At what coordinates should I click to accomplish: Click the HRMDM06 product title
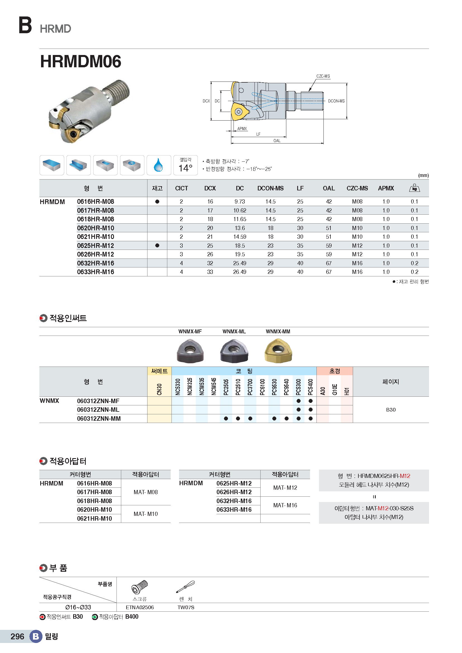pyautogui.click(x=80, y=61)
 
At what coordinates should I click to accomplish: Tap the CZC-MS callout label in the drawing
pyautogui.click(x=323, y=76)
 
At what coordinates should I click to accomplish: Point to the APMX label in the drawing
pyautogui.click(x=242, y=128)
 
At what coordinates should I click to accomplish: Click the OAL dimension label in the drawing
pyautogui.click(x=277, y=141)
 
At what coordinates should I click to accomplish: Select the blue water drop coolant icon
pyautogui.click(x=158, y=165)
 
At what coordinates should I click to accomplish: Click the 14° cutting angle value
pyautogui.click(x=185, y=168)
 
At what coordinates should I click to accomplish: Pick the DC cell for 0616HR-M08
pyautogui.click(x=240, y=202)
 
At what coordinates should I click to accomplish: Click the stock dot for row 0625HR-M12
pyautogui.click(x=157, y=245)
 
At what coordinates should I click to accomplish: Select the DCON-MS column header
pyautogui.click(x=270, y=188)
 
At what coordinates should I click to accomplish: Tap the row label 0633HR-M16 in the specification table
pyautogui.click(x=96, y=272)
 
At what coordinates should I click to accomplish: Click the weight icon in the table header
pyautogui.click(x=414, y=188)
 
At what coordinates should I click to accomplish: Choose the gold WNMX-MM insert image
pyautogui.click(x=278, y=351)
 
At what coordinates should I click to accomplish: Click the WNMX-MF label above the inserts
pyautogui.click(x=190, y=331)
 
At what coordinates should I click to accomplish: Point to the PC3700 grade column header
pyautogui.click(x=250, y=387)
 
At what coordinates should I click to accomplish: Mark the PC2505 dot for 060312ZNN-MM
pyautogui.click(x=226, y=418)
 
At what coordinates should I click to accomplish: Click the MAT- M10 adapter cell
pyautogui.click(x=146, y=514)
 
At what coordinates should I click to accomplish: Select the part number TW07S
pyautogui.click(x=186, y=607)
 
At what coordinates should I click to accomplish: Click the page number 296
pyautogui.click(x=17, y=637)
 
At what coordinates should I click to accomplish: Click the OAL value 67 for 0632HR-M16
pyautogui.click(x=328, y=263)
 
